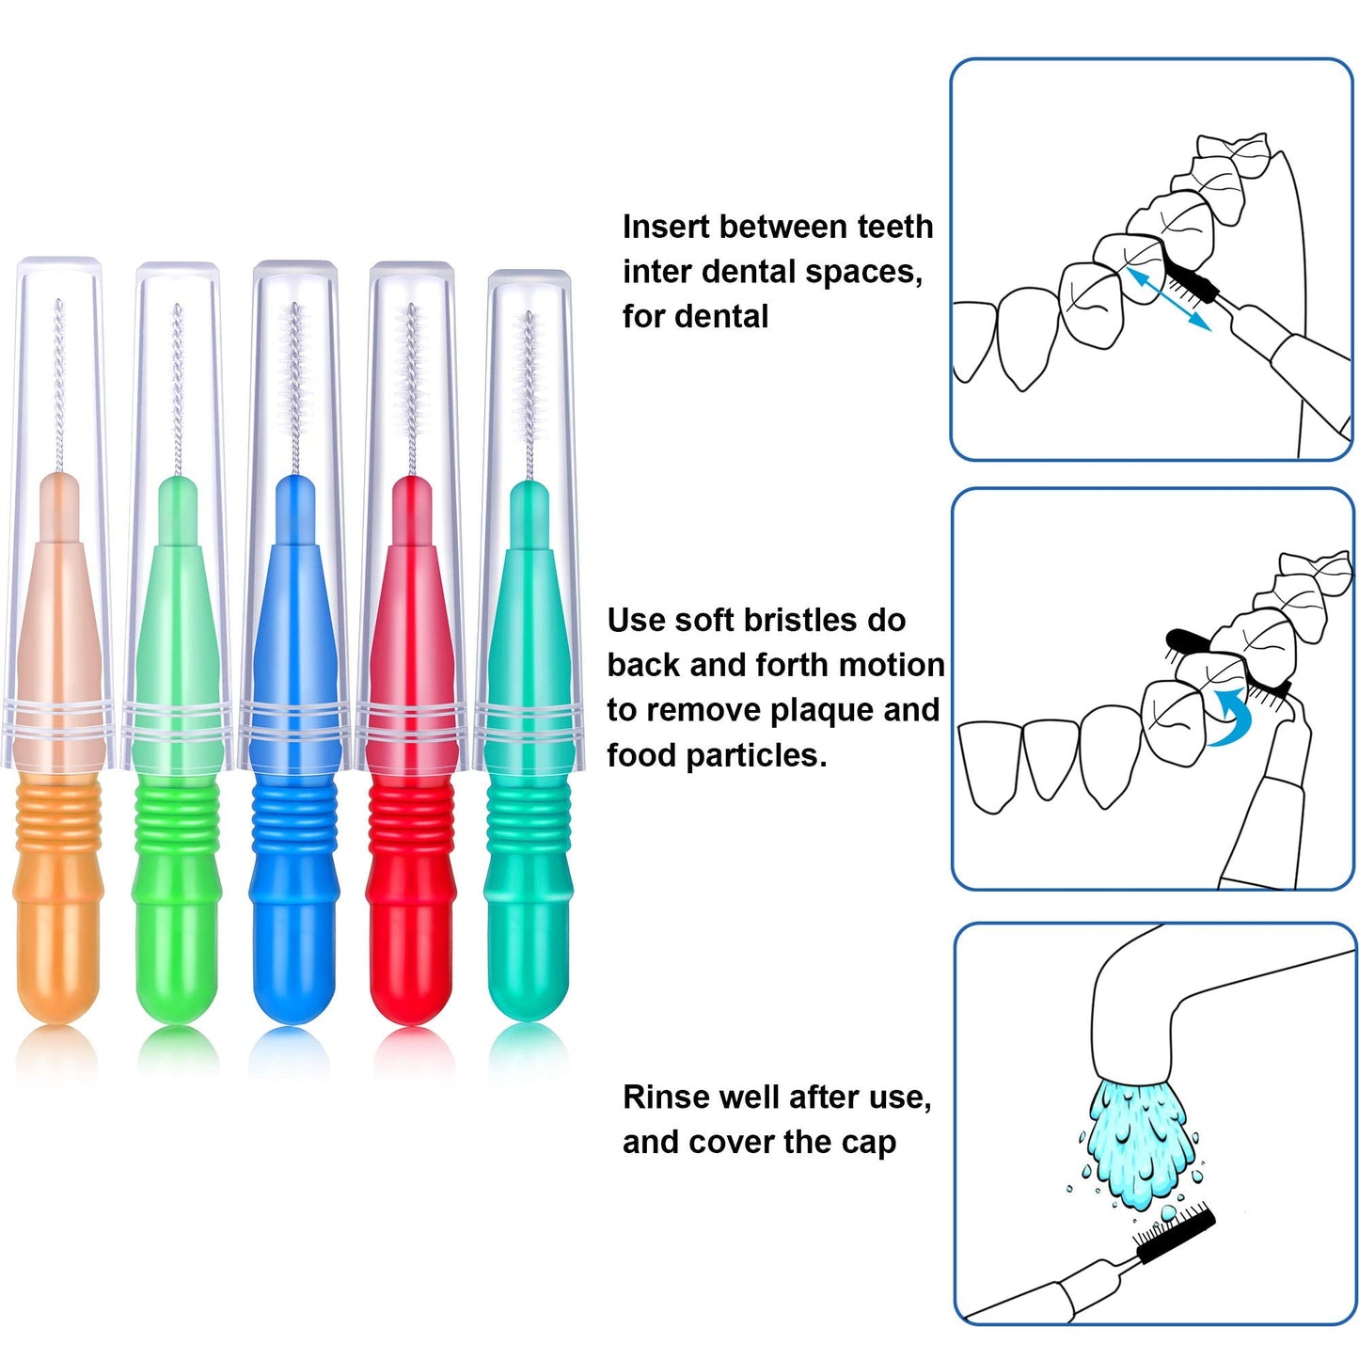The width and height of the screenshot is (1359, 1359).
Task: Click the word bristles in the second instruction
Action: pyautogui.click(x=800, y=621)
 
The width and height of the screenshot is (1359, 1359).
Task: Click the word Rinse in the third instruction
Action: pyautogui.click(x=662, y=1098)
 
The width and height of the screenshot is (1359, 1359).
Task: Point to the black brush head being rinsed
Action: pyautogui.click(x=1176, y=1235)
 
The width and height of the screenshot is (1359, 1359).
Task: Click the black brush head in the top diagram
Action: pyautogui.click(x=1191, y=278)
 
